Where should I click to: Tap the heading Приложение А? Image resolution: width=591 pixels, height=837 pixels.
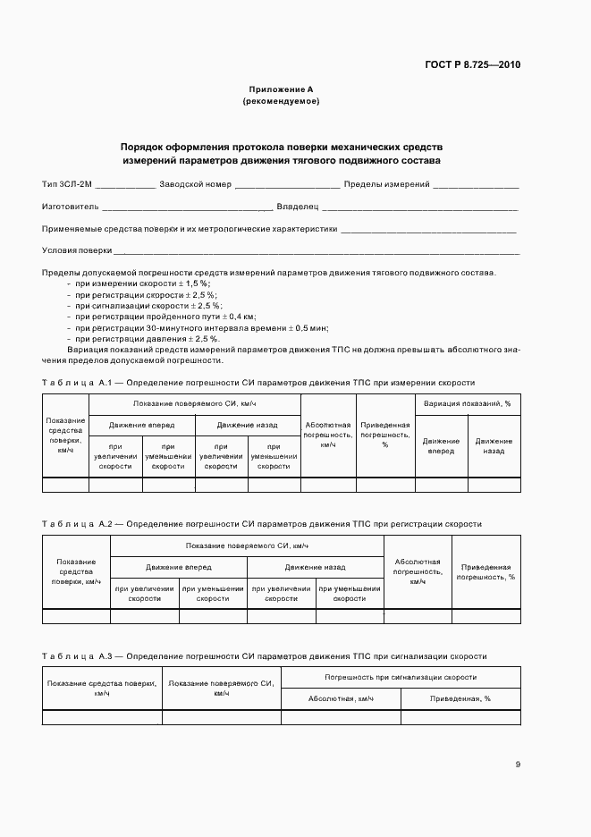pos(281,89)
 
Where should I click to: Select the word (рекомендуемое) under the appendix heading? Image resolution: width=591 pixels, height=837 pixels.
pos(281,101)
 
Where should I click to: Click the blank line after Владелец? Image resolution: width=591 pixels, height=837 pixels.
pos(415,207)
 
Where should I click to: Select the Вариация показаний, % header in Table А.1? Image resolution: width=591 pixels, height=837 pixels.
pos(468,403)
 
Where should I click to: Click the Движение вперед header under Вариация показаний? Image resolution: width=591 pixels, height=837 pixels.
pos(441,445)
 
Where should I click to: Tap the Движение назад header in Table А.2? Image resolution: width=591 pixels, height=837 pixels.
pos(315,567)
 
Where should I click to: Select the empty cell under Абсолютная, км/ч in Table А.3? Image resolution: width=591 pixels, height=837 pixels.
pos(341,717)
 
